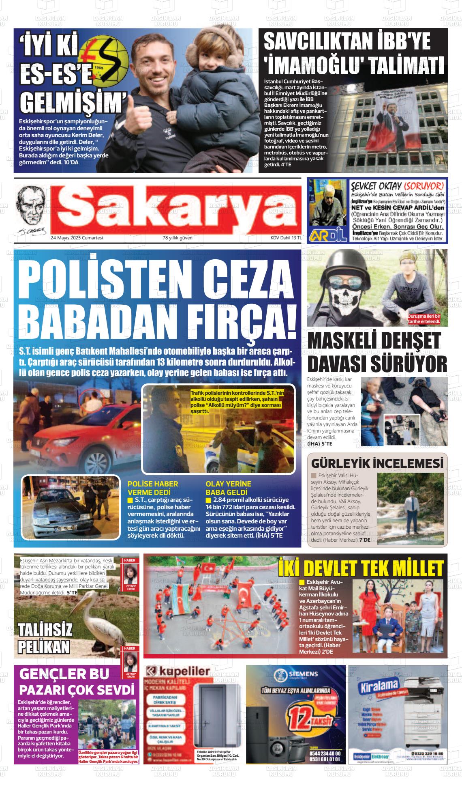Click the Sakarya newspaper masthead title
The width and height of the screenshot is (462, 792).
click(x=175, y=209)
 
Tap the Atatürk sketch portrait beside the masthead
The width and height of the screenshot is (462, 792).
click(x=31, y=210)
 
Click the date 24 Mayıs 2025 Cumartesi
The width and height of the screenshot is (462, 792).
click(x=77, y=238)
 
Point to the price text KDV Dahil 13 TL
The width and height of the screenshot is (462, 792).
click(x=286, y=238)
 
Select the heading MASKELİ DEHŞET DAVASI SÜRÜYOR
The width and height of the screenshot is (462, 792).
click(x=377, y=352)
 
